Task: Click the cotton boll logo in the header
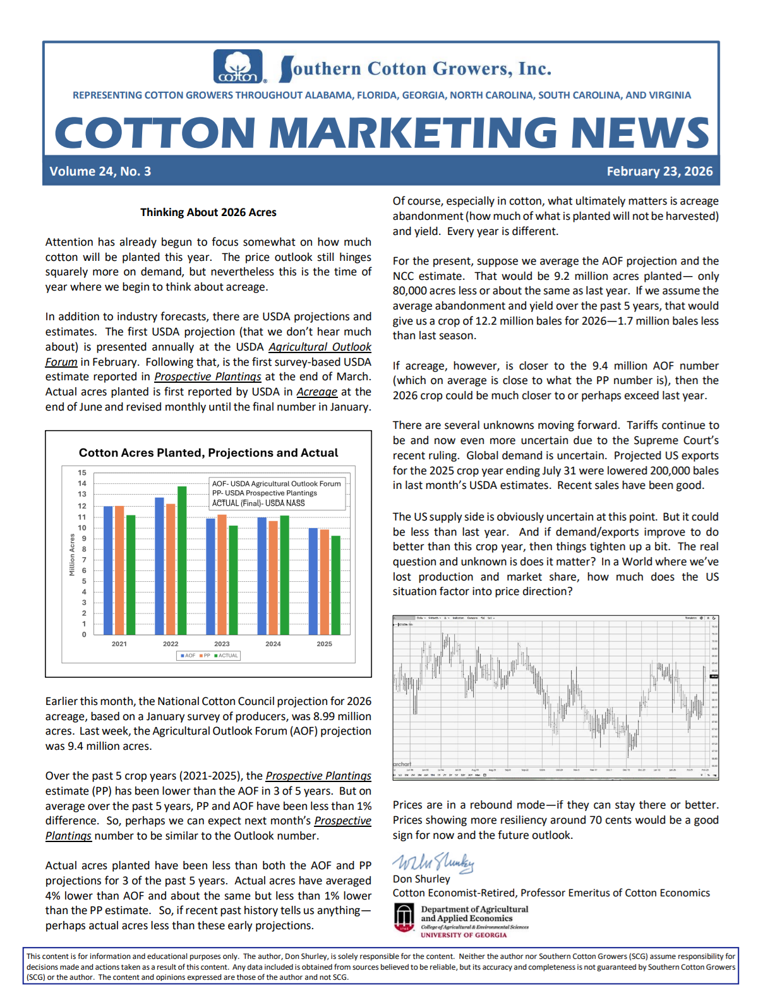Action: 238,66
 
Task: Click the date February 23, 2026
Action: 659,171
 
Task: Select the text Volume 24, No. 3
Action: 100,171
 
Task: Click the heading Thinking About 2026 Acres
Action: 208,212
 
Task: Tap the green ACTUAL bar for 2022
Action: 182,560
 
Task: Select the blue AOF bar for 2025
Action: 313,581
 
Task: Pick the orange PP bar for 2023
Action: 222,574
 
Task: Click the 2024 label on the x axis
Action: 273,644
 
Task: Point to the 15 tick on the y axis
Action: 82,473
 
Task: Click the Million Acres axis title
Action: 72,555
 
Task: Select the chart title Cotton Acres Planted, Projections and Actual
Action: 208,453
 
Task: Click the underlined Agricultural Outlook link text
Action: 320,347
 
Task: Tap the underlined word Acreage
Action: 316,392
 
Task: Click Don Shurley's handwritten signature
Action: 433,863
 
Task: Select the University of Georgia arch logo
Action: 404,917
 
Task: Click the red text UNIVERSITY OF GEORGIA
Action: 464,935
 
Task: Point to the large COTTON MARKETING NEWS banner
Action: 381,133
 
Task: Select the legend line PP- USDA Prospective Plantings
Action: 265,493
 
